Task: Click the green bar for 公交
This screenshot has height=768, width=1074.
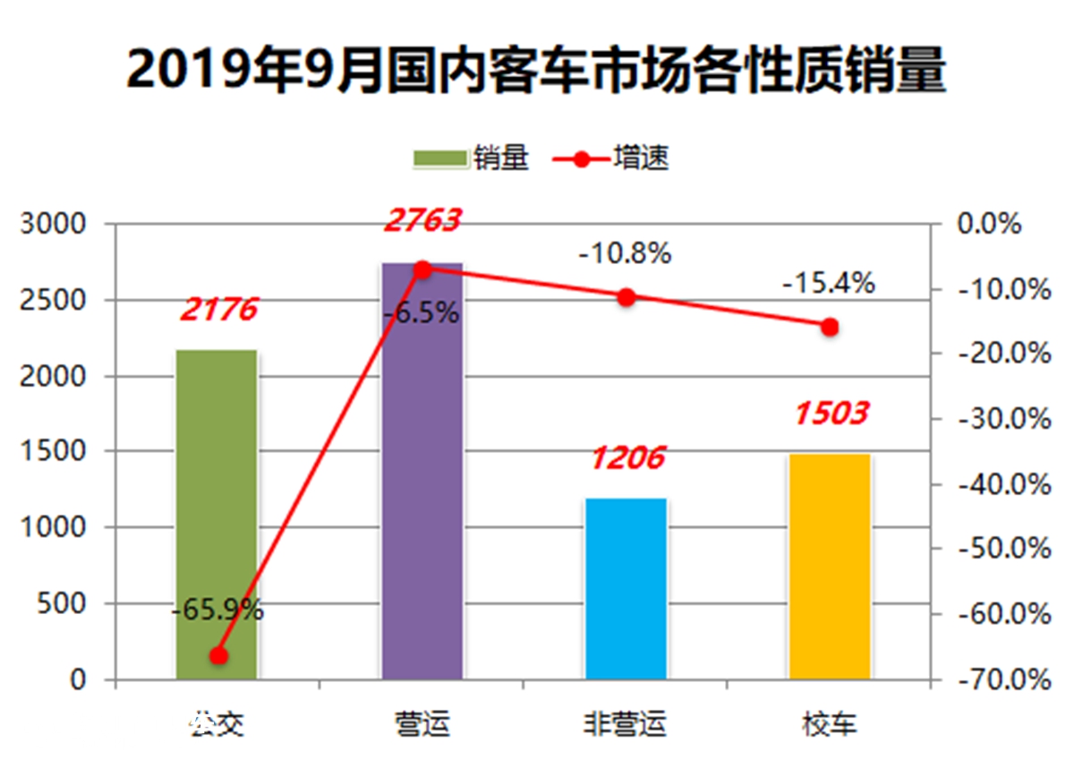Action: [217, 501]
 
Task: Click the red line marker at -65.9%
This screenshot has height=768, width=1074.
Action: [218, 656]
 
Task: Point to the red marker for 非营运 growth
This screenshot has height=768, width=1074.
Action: [626, 297]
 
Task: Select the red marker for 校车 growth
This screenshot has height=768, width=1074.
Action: [830, 327]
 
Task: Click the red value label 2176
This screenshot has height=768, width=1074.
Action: [218, 310]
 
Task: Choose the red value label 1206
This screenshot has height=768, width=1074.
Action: [626, 457]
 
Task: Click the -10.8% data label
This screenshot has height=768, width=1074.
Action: [625, 254]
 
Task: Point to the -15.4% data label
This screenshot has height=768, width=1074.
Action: [828, 284]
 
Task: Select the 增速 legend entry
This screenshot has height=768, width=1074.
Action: [611, 159]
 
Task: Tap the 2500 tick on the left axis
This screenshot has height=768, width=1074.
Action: [64, 301]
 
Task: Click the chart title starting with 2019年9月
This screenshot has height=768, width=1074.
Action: [536, 71]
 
